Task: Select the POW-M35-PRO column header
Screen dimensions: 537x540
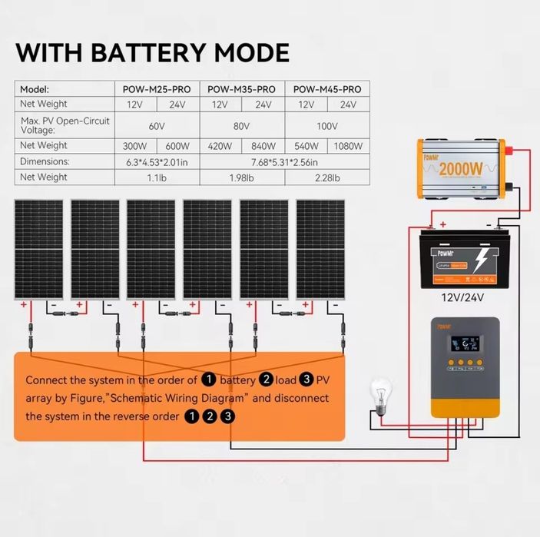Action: pyautogui.click(x=241, y=89)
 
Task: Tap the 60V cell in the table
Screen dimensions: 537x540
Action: pyautogui.click(x=157, y=125)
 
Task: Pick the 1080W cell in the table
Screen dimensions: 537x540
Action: pyautogui.click(x=348, y=146)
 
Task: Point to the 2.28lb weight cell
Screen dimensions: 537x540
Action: pyautogui.click(x=327, y=177)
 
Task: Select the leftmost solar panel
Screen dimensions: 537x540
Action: pyautogui.click(x=38, y=249)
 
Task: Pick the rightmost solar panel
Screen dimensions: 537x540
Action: pyautogui.click(x=320, y=249)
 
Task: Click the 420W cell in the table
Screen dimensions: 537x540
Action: pyautogui.click(x=220, y=146)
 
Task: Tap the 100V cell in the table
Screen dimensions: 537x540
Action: pyautogui.click(x=327, y=125)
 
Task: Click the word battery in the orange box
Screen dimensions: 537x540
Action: pyautogui.click(x=237, y=380)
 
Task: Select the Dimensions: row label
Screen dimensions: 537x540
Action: pyautogui.click(x=45, y=162)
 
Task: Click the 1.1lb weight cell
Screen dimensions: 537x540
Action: pyautogui.click(x=157, y=177)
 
